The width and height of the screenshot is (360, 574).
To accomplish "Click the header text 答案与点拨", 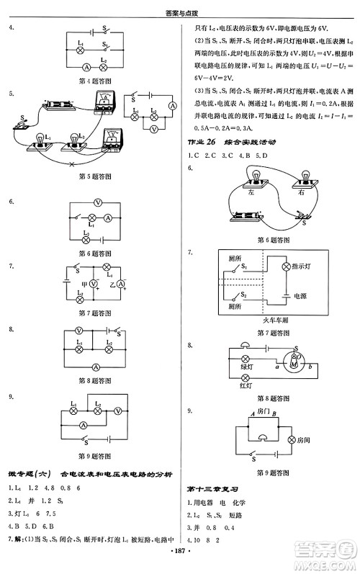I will pos(180,7).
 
